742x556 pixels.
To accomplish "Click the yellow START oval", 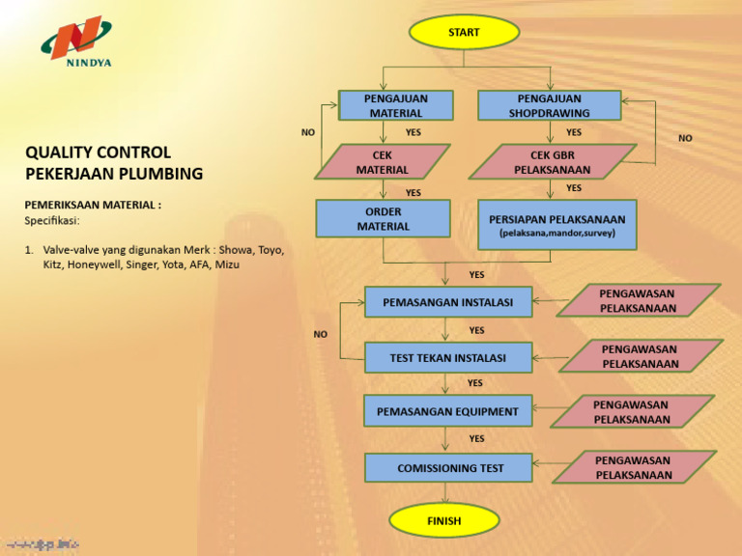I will click(x=463, y=32).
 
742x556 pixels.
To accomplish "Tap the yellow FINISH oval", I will click(x=443, y=520).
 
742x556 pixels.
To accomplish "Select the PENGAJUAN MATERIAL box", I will click(x=396, y=105).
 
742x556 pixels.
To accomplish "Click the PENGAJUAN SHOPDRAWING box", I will click(x=549, y=105).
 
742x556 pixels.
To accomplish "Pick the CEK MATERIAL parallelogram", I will click(x=383, y=161).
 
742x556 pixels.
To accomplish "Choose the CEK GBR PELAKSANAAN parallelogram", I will click(x=552, y=161).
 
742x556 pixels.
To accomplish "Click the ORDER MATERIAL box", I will click(x=383, y=218).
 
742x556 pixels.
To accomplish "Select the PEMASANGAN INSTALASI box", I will click(x=447, y=302).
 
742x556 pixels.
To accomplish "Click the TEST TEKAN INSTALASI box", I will click(x=447, y=357).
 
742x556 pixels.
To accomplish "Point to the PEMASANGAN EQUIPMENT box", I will click(x=447, y=411).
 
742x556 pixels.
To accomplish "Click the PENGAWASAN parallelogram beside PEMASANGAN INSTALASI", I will click(x=638, y=300).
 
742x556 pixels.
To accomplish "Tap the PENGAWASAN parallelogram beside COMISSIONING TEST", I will click(x=634, y=467).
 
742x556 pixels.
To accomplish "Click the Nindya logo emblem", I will click(x=74, y=40).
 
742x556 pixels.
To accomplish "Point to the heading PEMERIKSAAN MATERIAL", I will click(x=92, y=205).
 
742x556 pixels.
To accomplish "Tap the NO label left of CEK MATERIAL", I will click(x=307, y=132).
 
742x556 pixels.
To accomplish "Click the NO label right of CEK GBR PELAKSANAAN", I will click(x=685, y=138).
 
